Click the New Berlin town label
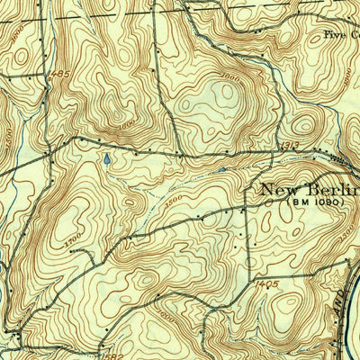[x=309, y=189]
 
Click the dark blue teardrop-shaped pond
[x=106, y=160]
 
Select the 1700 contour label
[x=74, y=241]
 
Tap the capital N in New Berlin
[x=269, y=189]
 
